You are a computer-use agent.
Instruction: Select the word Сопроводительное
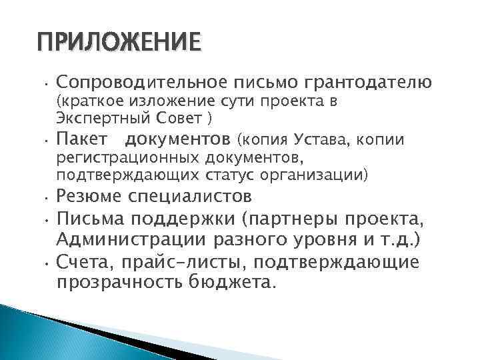tap(142, 83)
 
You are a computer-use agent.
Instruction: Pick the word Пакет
tap(79, 140)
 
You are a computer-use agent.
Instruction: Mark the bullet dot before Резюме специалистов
tap(42, 199)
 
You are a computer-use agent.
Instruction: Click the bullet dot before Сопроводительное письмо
tap(42, 85)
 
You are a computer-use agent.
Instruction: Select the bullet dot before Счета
tap(42, 263)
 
